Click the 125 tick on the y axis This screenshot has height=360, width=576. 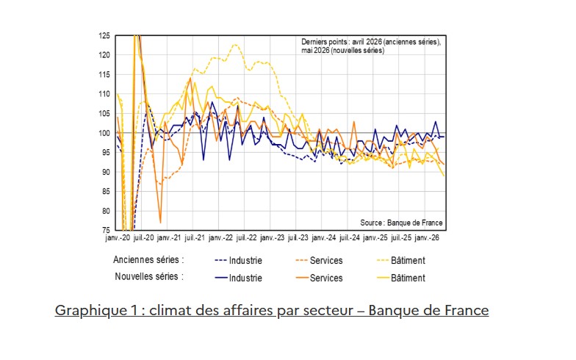(104, 35)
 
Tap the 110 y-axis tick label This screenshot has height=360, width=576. (104, 94)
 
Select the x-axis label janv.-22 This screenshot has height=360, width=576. (220, 238)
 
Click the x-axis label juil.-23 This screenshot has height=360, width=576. (298, 238)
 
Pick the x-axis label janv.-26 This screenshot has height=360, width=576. (426, 238)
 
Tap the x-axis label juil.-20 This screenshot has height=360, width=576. (144, 238)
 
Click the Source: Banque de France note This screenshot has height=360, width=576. (401, 223)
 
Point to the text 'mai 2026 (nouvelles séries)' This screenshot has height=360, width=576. (342, 50)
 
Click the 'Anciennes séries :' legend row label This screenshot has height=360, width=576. (148, 260)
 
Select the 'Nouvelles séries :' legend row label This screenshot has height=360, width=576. (149, 276)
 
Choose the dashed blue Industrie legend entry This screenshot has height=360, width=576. (238, 260)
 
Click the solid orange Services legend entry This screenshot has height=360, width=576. (319, 278)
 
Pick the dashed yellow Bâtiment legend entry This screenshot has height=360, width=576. (401, 260)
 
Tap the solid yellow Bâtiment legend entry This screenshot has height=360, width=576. (401, 278)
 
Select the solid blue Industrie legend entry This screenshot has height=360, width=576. (238, 278)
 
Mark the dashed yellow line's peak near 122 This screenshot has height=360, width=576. (235, 45)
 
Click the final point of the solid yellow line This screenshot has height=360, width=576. (444, 176)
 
